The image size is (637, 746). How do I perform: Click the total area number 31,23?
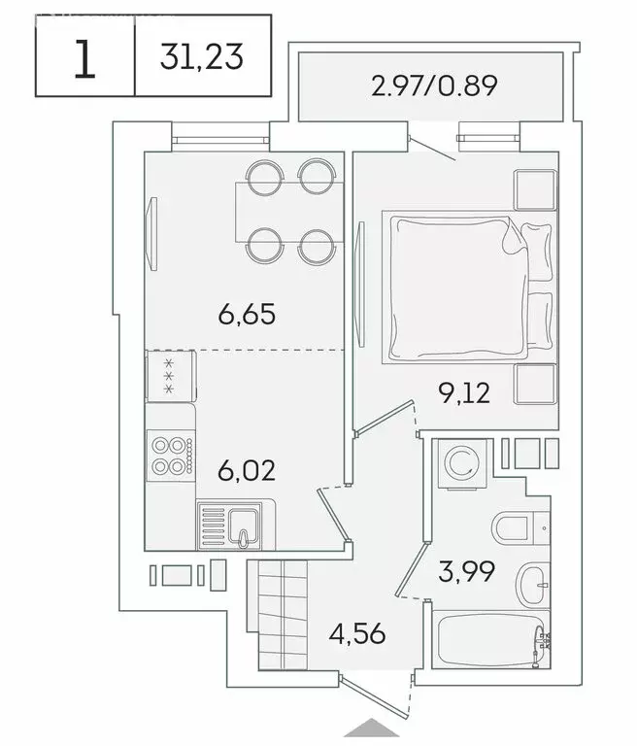click(202, 60)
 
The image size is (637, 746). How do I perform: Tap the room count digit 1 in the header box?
click(85, 61)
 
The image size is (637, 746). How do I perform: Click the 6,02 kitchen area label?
click(247, 471)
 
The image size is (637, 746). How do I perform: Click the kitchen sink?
click(236, 526)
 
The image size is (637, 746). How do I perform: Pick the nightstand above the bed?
click(535, 190)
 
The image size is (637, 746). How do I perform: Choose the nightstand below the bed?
click(535, 386)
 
